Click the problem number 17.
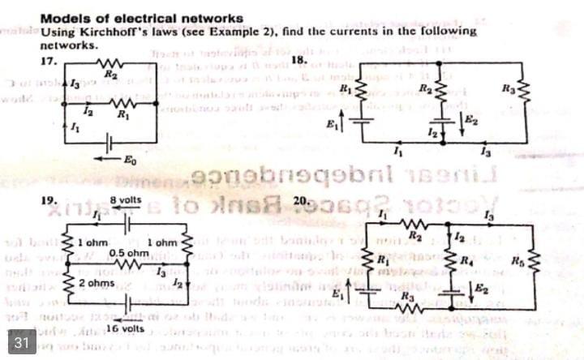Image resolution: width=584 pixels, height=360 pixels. tap(48, 60)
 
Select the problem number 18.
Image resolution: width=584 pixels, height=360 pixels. tap(298, 60)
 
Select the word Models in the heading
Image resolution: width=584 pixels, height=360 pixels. tap(62, 18)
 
